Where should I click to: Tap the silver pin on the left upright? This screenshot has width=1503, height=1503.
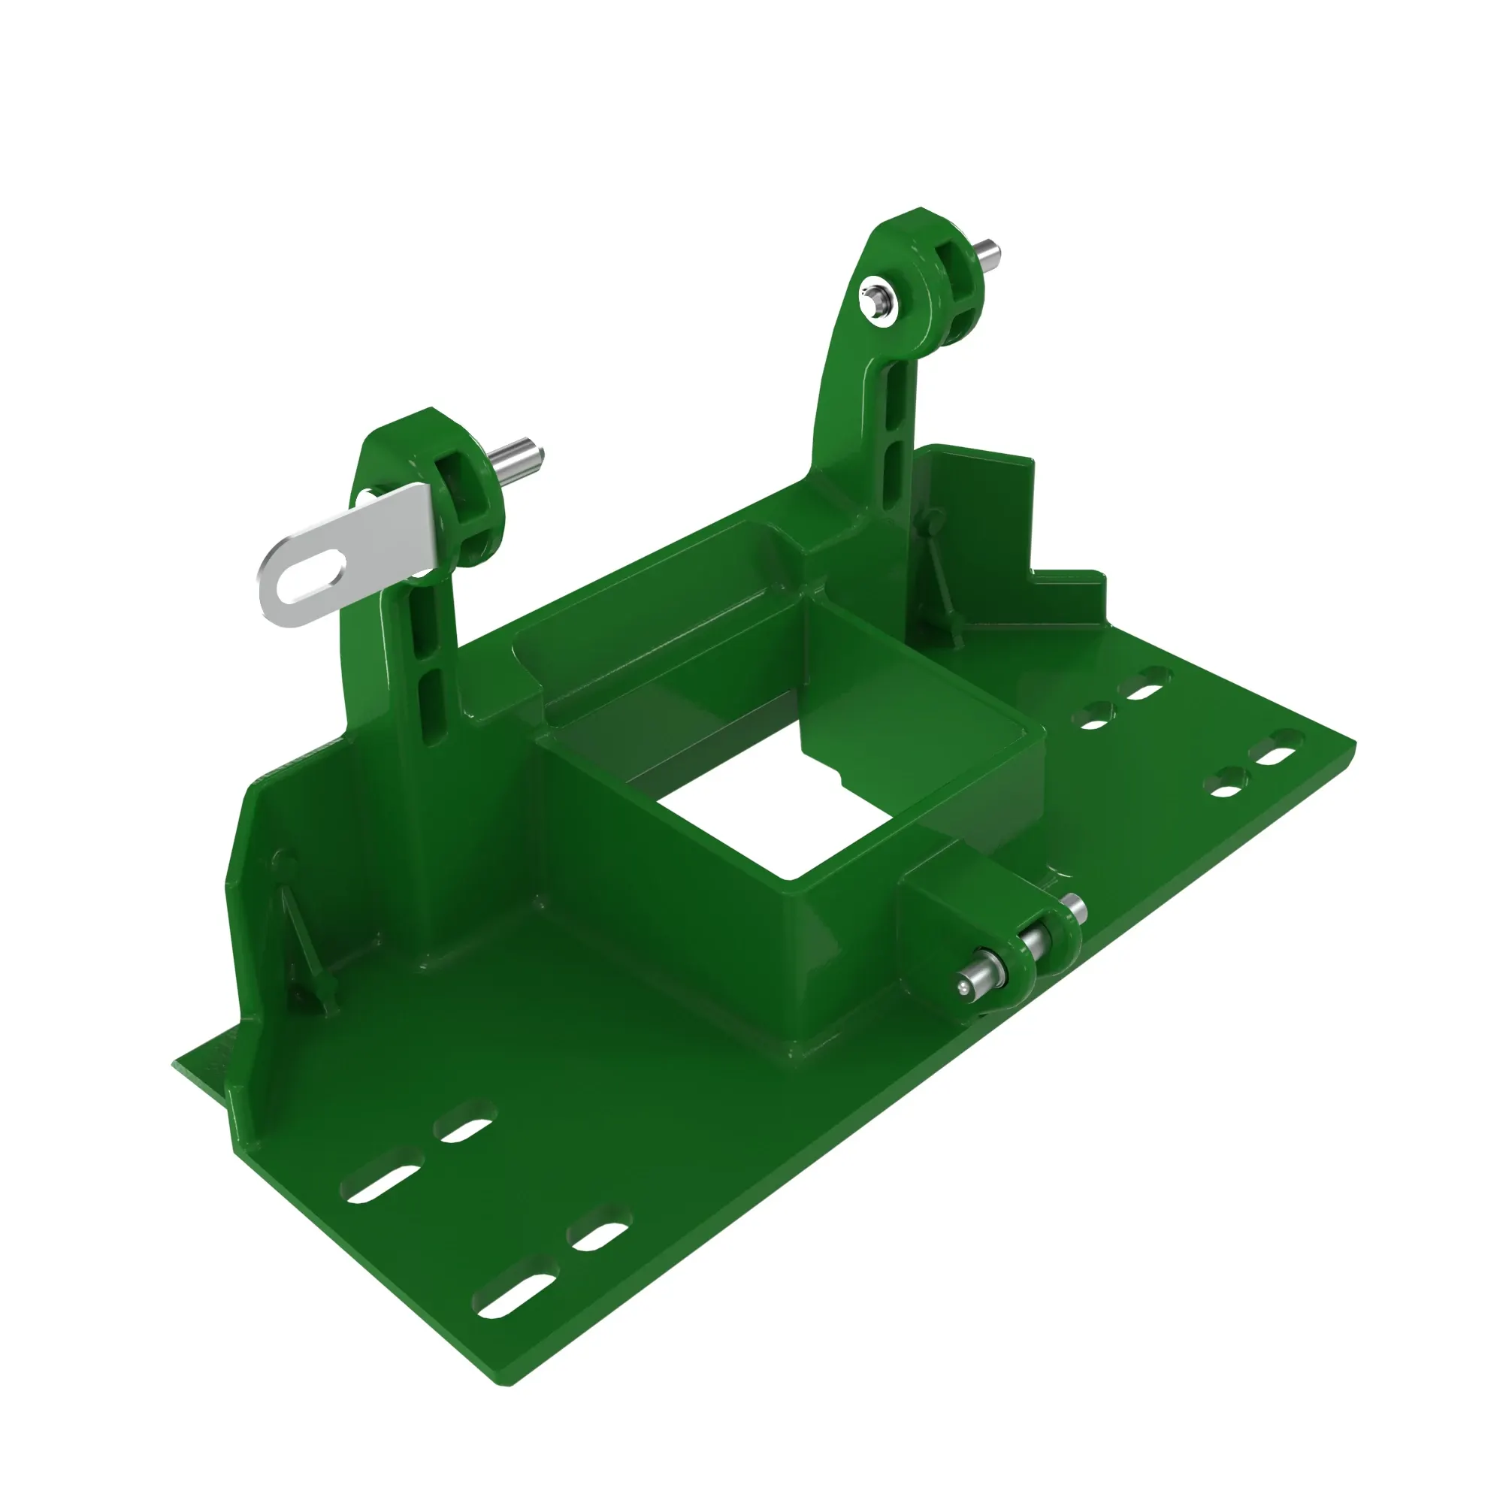(x=520, y=455)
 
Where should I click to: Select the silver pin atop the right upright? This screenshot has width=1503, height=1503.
(x=989, y=252)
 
